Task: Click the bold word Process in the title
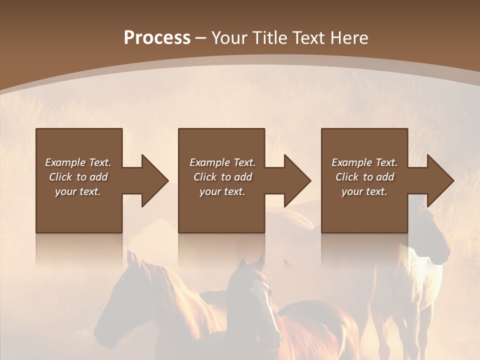(157, 38)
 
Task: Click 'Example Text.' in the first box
(78, 162)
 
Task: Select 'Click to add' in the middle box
(222, 177)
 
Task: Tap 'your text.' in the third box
(364, 191)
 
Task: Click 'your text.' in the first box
(78, 191)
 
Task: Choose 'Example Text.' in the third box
(364, 162)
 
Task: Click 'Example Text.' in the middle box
(222, 162)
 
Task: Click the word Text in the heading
(308, 38)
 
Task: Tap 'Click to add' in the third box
(364, 177)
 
